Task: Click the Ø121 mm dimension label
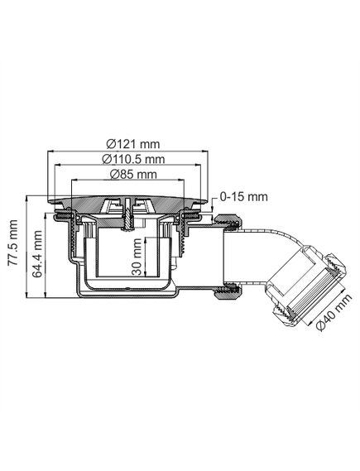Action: (133, 144)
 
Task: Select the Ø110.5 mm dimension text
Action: (133, 159)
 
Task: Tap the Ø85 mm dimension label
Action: (133, 174)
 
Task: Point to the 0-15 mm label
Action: (243, 197)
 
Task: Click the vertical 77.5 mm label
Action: (13, 243)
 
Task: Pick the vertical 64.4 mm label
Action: (36, 254)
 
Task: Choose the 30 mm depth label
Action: (137, 257)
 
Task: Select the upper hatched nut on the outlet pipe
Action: (228, 223)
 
